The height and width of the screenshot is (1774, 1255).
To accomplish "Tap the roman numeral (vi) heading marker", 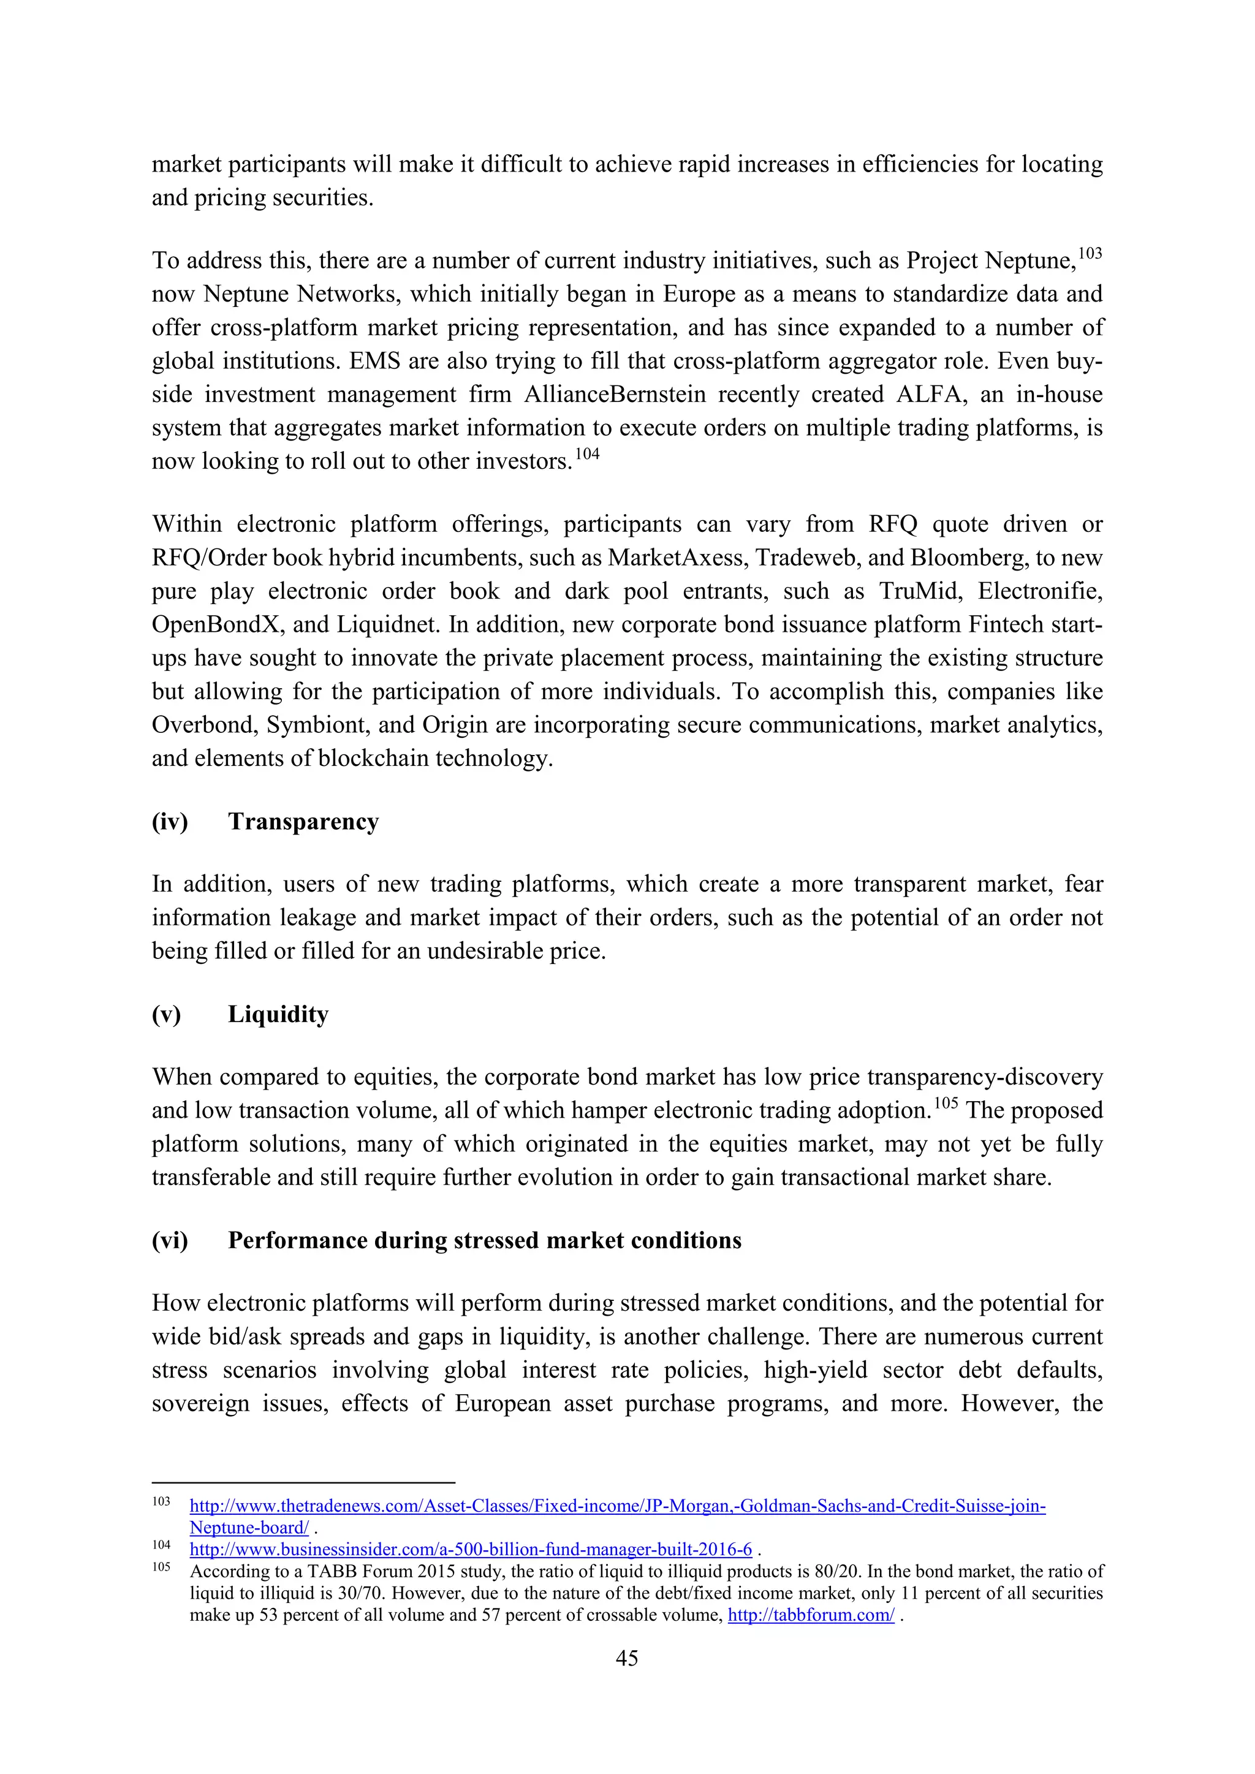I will coord(170,1240).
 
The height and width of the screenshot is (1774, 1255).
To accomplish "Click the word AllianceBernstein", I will coord(615,394).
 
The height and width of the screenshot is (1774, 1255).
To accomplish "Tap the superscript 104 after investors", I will coord(587,454).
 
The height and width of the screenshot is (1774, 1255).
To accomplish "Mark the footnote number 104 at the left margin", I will coord(161,1545).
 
